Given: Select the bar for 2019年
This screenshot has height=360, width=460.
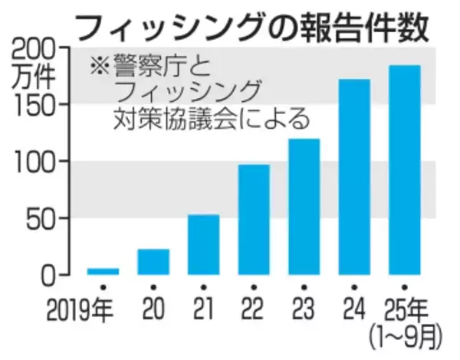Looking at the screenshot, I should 103,270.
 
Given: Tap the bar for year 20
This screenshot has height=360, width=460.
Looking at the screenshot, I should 153,261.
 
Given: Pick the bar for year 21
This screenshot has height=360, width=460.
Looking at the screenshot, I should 203,244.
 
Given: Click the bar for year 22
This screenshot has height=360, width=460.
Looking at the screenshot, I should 254,219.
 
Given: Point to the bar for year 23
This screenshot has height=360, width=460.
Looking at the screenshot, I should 304,206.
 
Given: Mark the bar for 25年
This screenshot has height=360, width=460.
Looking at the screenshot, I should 404,169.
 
